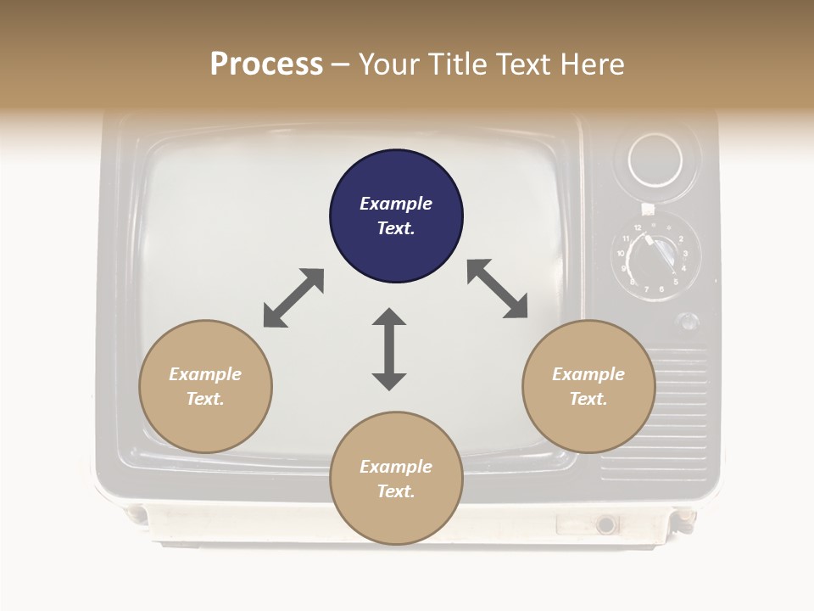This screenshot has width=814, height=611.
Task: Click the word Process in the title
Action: [266, 64]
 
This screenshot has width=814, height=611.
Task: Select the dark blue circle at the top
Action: [396, 216]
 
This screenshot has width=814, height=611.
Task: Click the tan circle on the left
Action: [205, 386]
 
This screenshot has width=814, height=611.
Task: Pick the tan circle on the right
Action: [588, 386]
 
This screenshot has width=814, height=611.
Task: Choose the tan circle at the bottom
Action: [396, 478]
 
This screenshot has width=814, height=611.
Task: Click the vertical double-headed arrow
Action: [389, 349]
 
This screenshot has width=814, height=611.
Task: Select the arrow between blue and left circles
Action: [293, 298]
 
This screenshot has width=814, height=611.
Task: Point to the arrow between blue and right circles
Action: [498, 289]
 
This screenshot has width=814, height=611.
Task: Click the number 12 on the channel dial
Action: [638, 228]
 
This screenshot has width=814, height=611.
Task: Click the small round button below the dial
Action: [689, 322]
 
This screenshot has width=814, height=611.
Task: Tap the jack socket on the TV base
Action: [605, 524]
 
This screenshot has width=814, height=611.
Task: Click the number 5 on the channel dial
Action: [675, 281]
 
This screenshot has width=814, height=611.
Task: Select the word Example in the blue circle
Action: [396, 204]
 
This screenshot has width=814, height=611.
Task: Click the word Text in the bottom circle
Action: [394, 491]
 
